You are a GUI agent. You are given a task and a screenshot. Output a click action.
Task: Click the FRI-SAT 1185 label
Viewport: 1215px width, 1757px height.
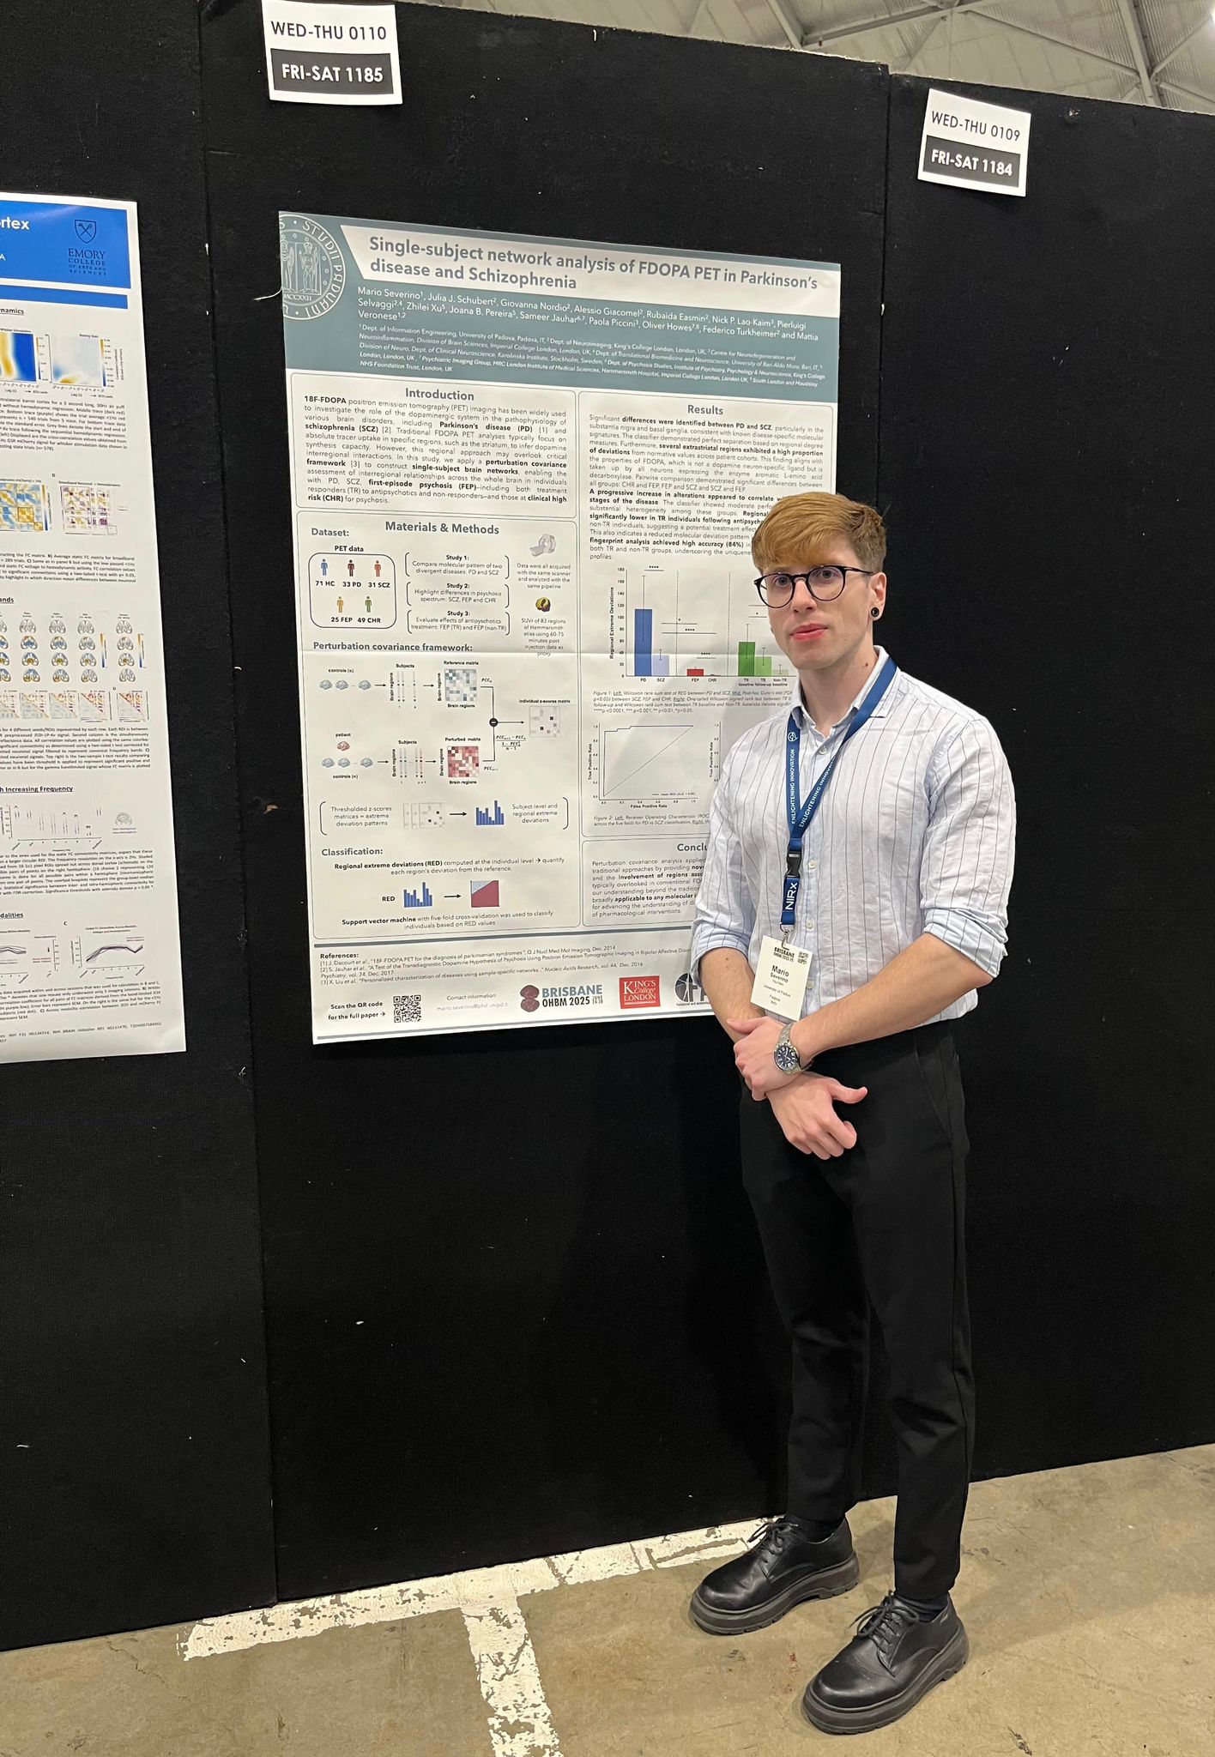pyautogui.click(x=332, y=73)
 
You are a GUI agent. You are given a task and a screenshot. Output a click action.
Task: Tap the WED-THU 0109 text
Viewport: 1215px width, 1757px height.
pyautogui.click(x=975, y=128)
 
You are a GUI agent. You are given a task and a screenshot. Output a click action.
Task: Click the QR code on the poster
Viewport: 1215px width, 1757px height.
pyautogui.click(x=407, y=1009)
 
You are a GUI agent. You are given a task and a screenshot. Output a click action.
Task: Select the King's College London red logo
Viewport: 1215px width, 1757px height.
pyautogui.click(x=639, y=994)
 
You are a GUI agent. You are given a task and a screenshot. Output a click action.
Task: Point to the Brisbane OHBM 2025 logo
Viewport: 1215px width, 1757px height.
pyautogui.click(x=561, y=998)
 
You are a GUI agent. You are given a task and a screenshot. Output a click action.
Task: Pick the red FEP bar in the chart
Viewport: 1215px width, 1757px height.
pyautogui.click(x=696, y=672)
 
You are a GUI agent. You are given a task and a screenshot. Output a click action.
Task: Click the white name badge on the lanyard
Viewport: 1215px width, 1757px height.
pyautogui.click(x=781, y=977)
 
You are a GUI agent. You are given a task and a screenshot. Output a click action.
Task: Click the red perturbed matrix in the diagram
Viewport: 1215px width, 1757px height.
pyautogui.click(x=462, y=761)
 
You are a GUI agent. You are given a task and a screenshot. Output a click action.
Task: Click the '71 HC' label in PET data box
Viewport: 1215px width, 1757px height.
pyautogui.click(x=324, y=583)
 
